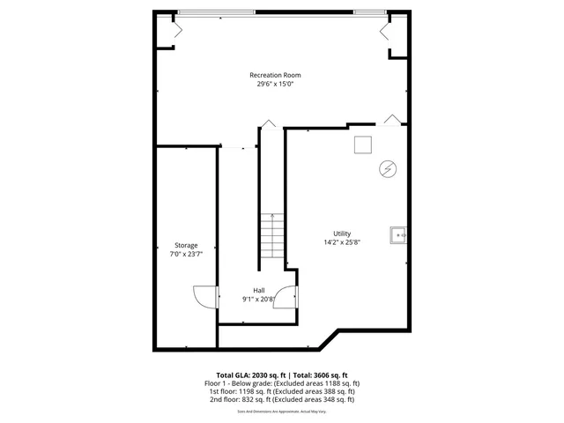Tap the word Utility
tap(342, 234)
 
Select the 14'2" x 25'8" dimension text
tap(342, 242)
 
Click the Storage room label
tap(186, 245)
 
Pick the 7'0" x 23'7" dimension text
tap(186, 254)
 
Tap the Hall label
tap(259, 291)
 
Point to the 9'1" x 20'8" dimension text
tap(259, 300)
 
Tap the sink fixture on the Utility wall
tap(400, 234)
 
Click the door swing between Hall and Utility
tap(286, 299)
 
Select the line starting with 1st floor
tap(282, 391)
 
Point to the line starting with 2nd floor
tap(282, 399)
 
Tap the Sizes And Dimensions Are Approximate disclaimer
tap(282, 411)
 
